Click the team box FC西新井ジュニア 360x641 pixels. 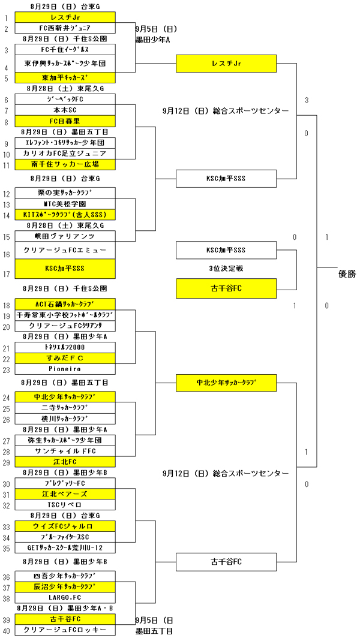(65, 28)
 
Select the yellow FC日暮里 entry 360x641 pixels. (65, 122)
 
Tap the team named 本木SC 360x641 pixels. (65, 110)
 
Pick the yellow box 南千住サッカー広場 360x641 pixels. (65, 164)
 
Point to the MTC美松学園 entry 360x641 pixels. (65, 204)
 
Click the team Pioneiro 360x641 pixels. (65, 369)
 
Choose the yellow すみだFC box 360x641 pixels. (65, 358)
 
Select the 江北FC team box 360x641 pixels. (65, 462)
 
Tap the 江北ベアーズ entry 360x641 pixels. (65, 494)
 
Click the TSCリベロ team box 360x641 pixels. (65, 505)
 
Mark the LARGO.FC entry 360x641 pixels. (65, 598)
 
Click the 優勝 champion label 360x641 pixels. (347, 274)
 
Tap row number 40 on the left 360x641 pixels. (6, 630)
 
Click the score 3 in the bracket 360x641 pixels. (307, 100)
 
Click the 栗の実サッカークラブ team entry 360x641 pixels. (65, 193)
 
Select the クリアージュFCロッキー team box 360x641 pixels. (65, 630)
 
